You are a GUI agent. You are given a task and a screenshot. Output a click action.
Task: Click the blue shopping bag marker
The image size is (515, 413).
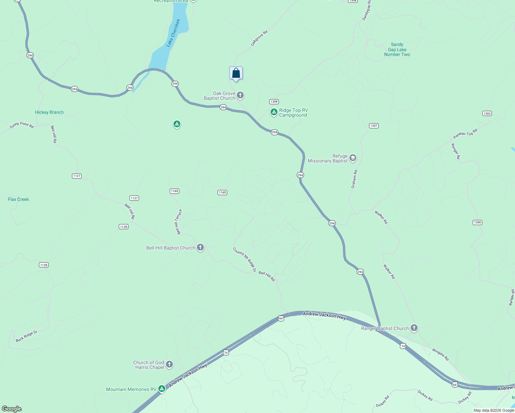tap(236, 73)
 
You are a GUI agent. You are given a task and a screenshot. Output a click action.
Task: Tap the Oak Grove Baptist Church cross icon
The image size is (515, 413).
tap(240, 95)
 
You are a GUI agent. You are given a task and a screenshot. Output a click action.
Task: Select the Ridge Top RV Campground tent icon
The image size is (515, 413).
tap(274, 112)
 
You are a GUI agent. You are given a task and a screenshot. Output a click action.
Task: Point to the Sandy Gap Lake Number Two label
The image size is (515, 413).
tap(397, 50)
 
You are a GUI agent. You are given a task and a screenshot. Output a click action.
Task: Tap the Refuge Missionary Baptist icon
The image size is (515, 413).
tap(353, 158)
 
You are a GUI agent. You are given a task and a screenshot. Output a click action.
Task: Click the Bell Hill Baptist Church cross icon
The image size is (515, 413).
tap(200, 247)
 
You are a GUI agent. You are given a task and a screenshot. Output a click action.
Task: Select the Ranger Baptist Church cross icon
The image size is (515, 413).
tap(414, 328)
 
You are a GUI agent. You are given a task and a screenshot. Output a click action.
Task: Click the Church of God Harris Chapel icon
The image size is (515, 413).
tap(169, 364)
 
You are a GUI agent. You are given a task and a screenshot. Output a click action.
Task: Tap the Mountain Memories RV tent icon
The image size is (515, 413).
tap(161, 389)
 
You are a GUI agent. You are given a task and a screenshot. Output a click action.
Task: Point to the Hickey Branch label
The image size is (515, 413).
tap(49, 112)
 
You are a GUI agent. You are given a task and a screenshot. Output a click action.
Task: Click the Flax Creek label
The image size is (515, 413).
tap(18, 199)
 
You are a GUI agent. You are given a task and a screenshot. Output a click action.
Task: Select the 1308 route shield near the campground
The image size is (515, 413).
tap(274, 102)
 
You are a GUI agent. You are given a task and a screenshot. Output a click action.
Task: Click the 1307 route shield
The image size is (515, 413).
tap(374, 126)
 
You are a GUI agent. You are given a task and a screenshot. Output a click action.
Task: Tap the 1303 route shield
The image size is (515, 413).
tap(487, 114)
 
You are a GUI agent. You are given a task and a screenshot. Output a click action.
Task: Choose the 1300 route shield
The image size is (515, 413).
tap(477, 222)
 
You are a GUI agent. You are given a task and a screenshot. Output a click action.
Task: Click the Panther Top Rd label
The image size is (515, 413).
tap(465, 134)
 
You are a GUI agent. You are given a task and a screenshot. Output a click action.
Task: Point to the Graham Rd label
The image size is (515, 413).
tap(354, 179)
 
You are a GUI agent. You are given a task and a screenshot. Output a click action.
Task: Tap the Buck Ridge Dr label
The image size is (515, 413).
tap(27, 336)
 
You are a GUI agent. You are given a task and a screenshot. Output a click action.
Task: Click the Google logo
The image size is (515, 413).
tap(12, 409)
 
